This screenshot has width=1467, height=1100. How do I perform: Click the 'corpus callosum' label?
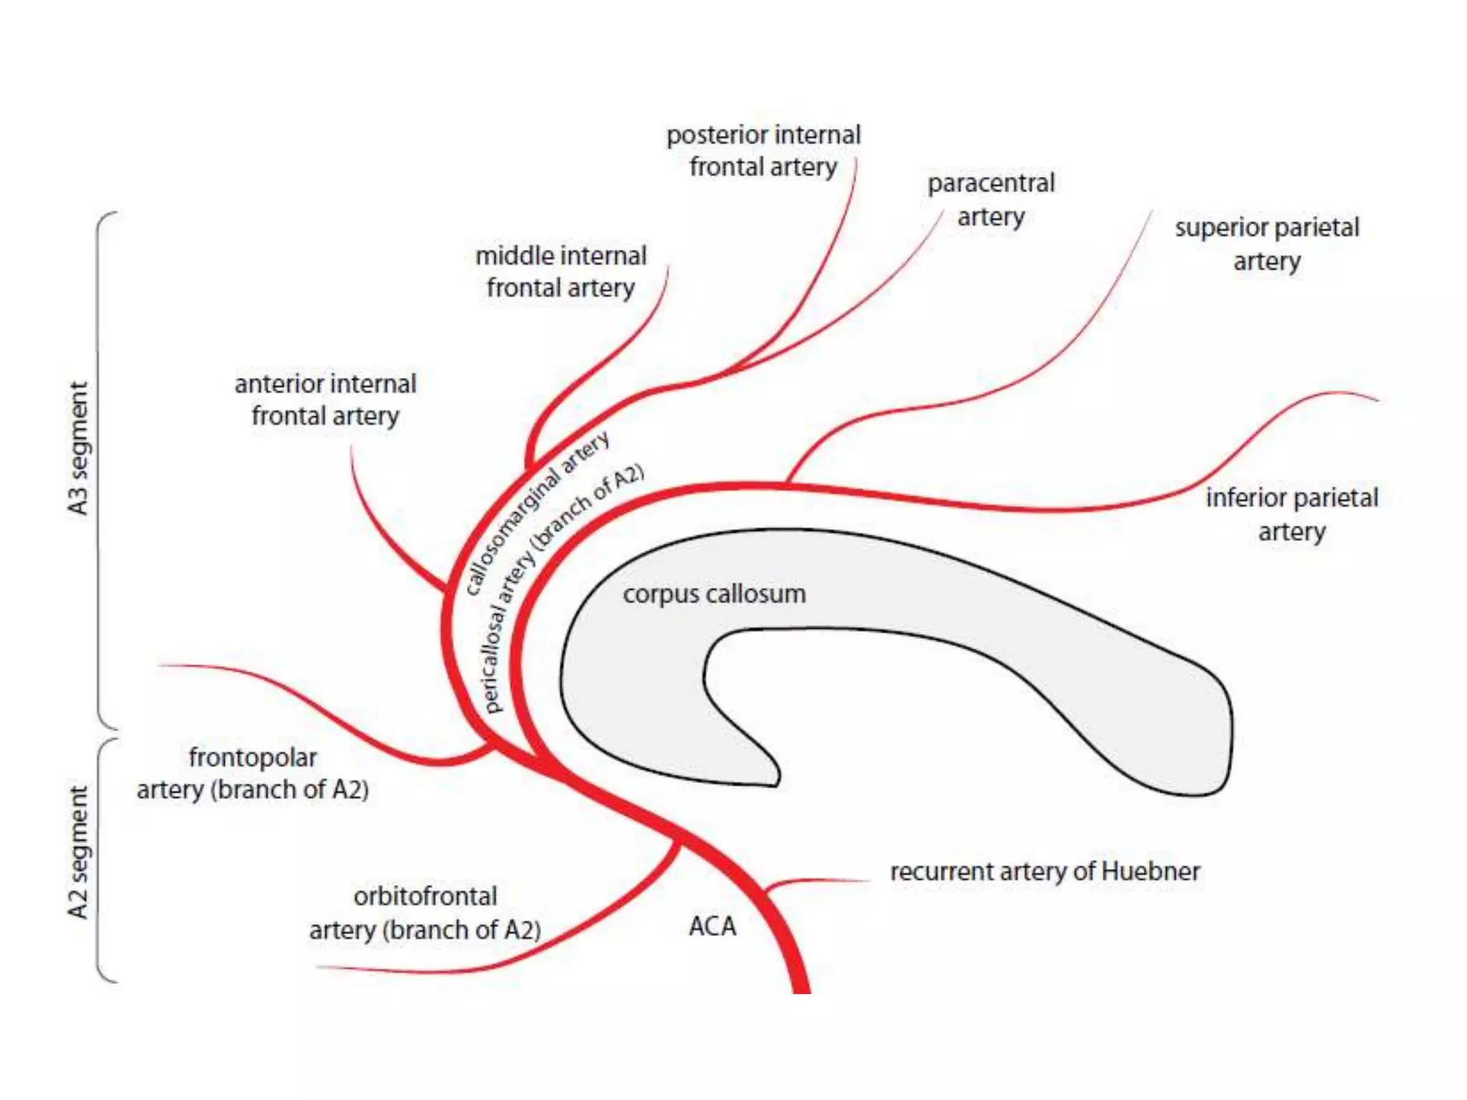pyautogui.click(x=714, y=594)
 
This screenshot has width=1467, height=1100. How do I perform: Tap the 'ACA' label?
pyautogui.click(x=712, y=926)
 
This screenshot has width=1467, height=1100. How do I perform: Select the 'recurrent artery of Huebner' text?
pyautogui.click(x=1044, y=872)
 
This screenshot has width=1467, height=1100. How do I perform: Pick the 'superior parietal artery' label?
pyautogui.click(x=1266, y=244)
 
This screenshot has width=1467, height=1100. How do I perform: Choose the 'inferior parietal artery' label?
pyautogui.click(x=1292, y=514)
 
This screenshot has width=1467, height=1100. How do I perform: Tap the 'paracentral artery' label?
pyautogui.click(x=991, y=199)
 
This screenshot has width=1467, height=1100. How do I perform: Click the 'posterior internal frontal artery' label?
pyautogui.click(x=764, y=150)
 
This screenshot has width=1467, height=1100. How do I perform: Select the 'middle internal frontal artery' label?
pyautogui.click(x=561, y=271)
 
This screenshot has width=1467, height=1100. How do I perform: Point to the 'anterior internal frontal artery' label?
pyautogui.click(x=325, y=400)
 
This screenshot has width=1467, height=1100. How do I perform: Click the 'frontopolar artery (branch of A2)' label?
pyautogui.click(x=253, y=773)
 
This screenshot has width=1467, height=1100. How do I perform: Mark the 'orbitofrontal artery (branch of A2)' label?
pyautogui.click(x=425, y=913)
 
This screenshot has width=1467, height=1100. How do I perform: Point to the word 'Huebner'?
pyautogui.click(x=1150, y=872)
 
